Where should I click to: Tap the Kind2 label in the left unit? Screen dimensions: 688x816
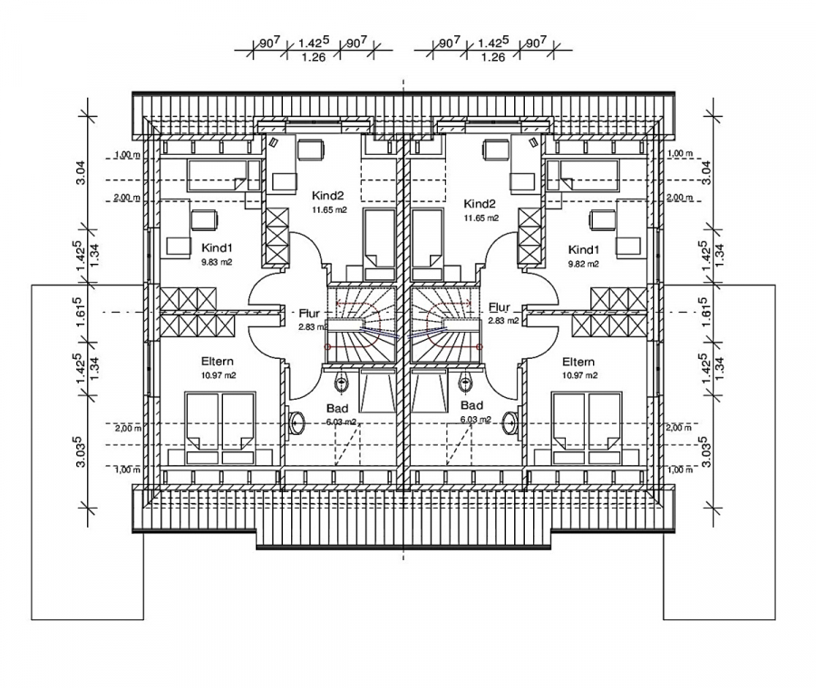(328, 195)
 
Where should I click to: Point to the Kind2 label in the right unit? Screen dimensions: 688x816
(480, 203)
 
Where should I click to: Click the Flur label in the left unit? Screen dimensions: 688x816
(309, 313)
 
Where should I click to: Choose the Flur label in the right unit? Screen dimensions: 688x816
(500, 307)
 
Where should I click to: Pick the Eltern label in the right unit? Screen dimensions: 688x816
(578, 360)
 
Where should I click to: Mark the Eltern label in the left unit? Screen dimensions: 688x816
(219, 360)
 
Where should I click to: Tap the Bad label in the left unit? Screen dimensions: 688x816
(337, 408)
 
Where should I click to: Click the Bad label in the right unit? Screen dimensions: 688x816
(471, 405)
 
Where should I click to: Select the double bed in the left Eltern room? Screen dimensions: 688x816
(220, 424)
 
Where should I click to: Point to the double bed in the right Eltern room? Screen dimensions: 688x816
(587, 424)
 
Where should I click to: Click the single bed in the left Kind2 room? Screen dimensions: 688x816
(378, 240)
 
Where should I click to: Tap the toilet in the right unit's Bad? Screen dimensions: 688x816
(465, 380)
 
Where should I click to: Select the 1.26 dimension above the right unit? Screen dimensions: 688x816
(492, 57)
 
